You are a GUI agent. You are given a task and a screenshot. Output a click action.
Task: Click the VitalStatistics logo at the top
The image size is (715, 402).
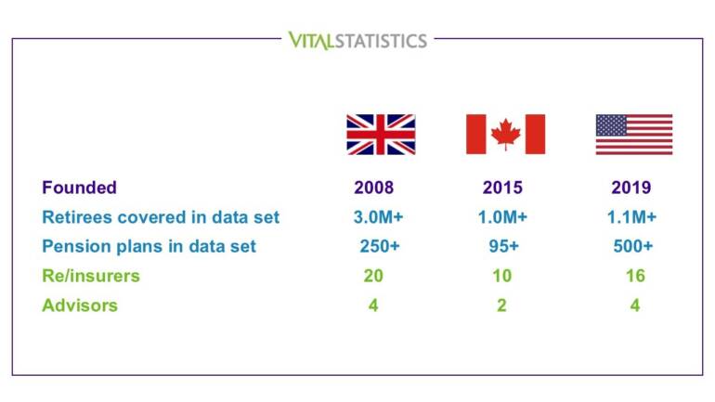[357, 40]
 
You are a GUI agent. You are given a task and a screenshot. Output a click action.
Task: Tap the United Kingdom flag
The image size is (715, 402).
[380, 134]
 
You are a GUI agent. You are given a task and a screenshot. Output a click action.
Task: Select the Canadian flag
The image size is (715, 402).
[505, 134]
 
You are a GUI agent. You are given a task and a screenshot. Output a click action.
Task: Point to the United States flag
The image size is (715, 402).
[634, 134]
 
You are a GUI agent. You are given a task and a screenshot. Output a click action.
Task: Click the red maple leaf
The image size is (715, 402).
[505, 134]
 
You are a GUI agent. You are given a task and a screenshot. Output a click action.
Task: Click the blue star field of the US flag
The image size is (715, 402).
[611, 125]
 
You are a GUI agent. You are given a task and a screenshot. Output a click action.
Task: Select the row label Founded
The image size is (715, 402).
[79, 188]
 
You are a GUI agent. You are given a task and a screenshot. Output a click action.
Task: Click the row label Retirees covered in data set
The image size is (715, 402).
[161, 217]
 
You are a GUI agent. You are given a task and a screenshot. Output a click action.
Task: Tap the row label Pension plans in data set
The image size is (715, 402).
[149, 246]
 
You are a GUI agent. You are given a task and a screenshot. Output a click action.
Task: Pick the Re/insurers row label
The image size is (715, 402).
[91, 276]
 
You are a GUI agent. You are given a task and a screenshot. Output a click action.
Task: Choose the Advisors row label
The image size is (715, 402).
[80, 305]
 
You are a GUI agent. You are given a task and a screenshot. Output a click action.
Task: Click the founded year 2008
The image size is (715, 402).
[373, 188]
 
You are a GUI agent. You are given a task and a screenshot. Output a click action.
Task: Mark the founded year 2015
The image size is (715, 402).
[502, 188]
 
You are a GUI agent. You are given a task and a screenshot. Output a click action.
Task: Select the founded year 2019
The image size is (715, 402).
[631, 188]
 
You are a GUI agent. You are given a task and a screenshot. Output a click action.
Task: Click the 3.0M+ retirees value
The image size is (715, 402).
[376, 217]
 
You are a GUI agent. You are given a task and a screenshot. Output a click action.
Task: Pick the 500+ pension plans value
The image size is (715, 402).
[634, 246]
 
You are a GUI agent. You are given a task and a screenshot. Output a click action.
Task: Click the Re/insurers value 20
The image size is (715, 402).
[373, 276]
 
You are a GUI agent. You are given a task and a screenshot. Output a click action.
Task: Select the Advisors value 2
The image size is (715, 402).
[501, 305]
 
